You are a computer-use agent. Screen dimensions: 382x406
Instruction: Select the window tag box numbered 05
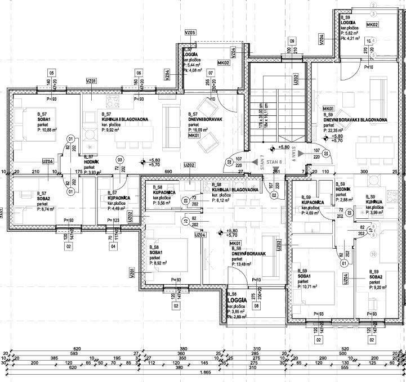pyautogui.click(x=51, y=73)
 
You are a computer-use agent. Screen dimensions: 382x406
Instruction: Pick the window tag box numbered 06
pyautogui.click(x=139, y=73)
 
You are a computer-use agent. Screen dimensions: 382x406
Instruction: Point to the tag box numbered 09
pyautogui.click(x=292, y=41)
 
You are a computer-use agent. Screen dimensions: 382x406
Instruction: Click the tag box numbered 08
pyautogui.click(x=257, y=306)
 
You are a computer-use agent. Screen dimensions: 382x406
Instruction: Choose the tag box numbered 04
pyautogui.click(x=113, y=246)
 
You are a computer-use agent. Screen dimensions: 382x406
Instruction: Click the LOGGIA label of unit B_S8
pyautogui.click(x=235, y=300)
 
